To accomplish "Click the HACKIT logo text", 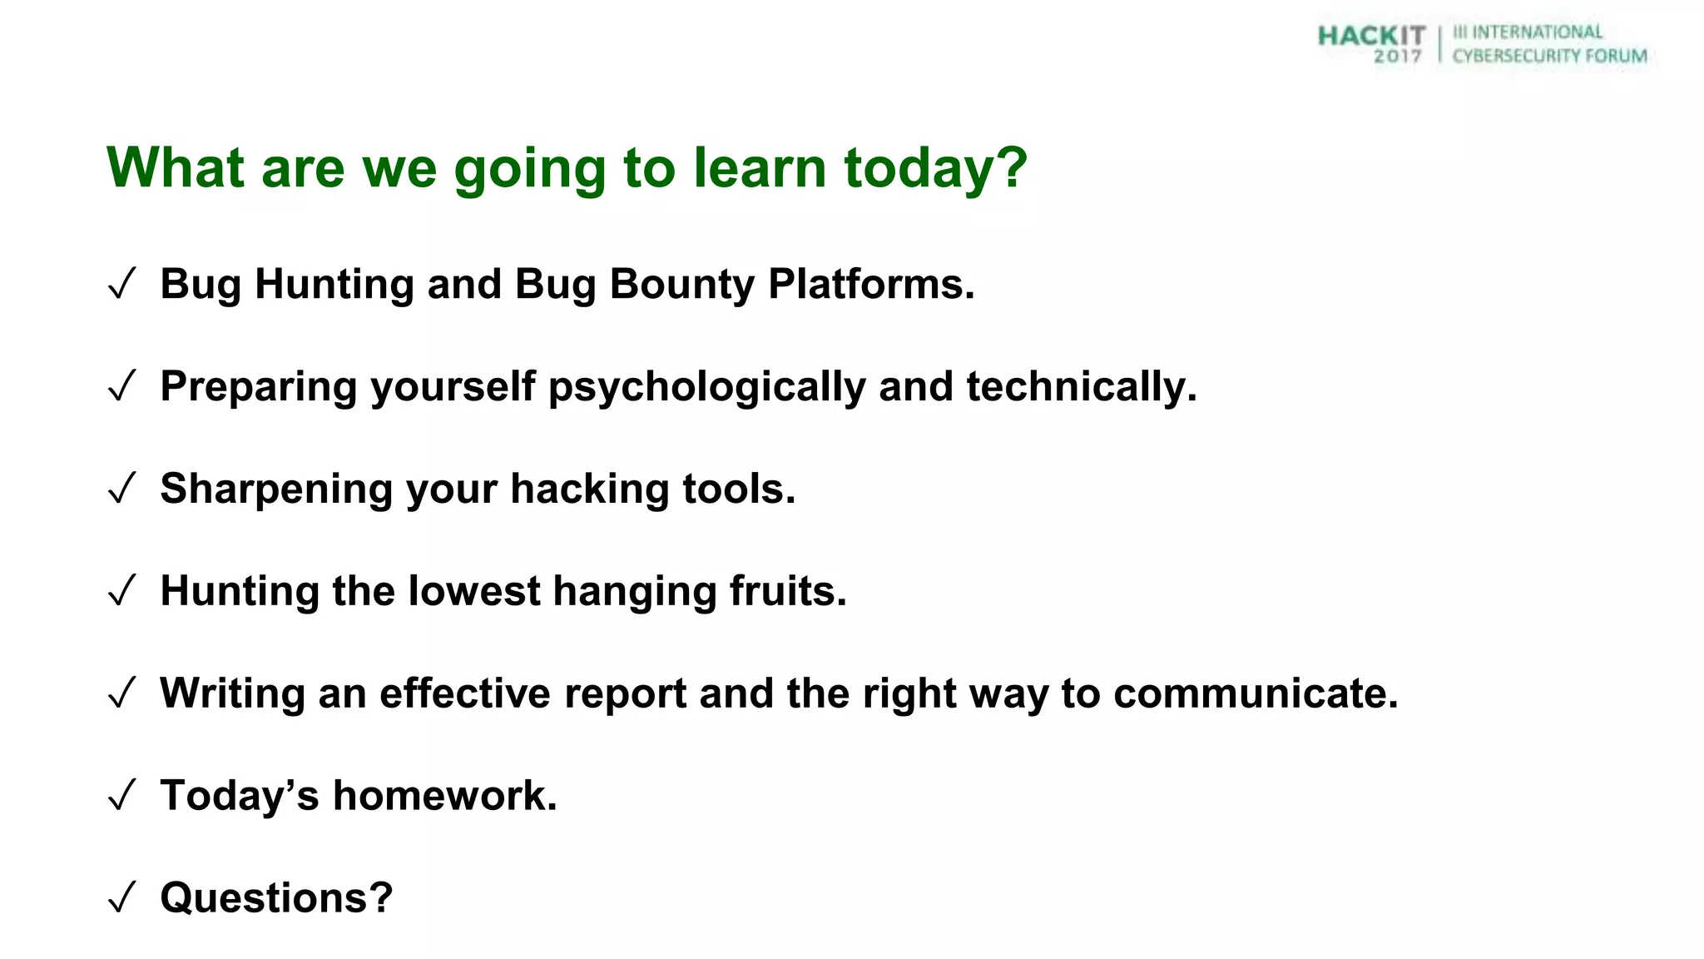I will (1371, 36).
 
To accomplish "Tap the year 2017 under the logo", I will (1397, 57).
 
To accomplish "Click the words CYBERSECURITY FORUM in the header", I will (1549, 56).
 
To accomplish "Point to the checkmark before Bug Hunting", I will (121, 286).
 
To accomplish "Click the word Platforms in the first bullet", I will (870, 284).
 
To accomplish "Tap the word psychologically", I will (706, 387).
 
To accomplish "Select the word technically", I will (1081, 386).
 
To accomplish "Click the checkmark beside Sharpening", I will (121, 489).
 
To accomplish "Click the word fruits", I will (787, 591).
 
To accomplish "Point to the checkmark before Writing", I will (121, 694).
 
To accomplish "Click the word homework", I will (444, 796).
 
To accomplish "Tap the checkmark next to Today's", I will (121, 797).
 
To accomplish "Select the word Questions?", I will (276, 898).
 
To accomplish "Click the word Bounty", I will (681, 284).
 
